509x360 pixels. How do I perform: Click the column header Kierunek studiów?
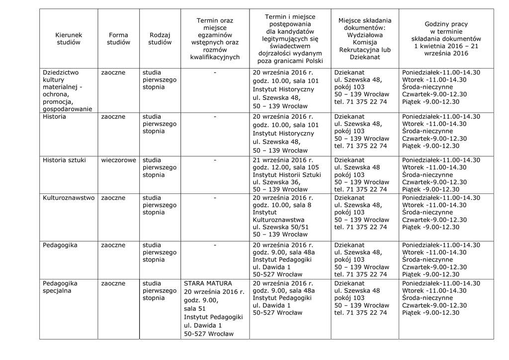69,39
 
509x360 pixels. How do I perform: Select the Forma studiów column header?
118,39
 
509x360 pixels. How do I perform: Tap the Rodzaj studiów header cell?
160,39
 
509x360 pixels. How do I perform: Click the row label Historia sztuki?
64,160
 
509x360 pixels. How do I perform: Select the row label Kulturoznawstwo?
69,198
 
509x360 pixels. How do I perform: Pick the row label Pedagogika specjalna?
60,287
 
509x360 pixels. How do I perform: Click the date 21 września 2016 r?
283,160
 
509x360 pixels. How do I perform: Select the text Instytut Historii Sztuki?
287,175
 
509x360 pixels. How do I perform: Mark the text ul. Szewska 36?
276,182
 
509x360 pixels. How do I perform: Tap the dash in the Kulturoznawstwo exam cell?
215,198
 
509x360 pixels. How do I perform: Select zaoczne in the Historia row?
113,117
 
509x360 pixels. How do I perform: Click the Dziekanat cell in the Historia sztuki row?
349,160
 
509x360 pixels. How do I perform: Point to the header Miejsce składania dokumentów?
364,39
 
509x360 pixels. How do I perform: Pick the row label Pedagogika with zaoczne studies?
60,245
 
